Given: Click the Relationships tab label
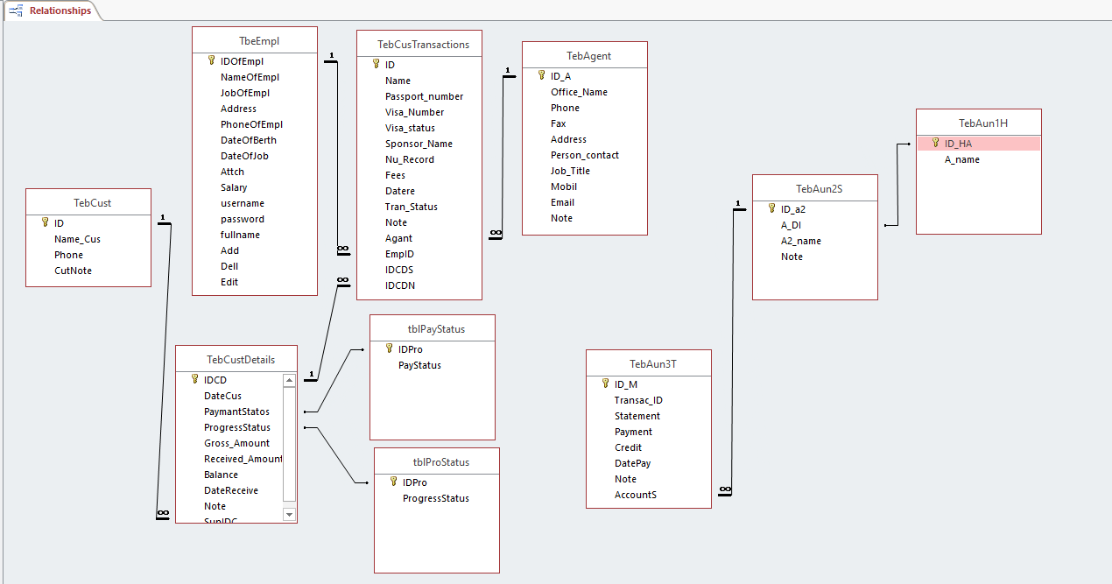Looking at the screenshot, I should point(60,11).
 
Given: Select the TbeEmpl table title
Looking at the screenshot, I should point(254,40).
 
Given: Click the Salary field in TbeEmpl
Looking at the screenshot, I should point(234,187).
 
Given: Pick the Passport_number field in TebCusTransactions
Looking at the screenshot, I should point(424,96).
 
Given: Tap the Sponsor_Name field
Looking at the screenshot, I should point(419,144).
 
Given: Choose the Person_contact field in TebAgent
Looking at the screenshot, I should point(584,155).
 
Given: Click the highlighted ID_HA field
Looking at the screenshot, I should point(958,144).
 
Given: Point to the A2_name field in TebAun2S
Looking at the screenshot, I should point(801,241).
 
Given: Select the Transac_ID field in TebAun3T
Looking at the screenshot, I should point(638,400).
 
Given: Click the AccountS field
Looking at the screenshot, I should point(635,495).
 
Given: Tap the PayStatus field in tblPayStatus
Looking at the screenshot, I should point(419,365).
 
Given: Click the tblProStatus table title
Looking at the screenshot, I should point(436,462).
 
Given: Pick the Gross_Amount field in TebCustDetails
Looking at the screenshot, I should point(236,443).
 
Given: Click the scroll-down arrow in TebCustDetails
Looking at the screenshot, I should point(290,515).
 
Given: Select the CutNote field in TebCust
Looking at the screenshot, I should point(73,271).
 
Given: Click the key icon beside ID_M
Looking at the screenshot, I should point(605,383).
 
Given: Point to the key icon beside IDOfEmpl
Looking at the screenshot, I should point(211,60).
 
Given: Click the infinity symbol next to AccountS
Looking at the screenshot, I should point(724,490).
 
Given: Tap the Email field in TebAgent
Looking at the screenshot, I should point(562,202).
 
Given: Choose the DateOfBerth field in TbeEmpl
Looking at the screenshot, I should point(249,140).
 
